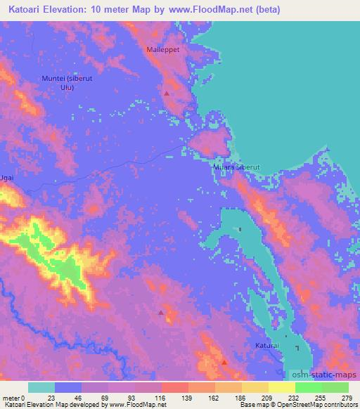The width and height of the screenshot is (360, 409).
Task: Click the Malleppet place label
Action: [x=164, y=50]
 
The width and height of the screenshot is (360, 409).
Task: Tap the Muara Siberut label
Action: [x=237, y=168]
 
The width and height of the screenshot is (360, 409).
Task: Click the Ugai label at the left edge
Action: [x=7, y=179]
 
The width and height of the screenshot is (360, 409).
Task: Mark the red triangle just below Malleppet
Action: [x=167, y=93]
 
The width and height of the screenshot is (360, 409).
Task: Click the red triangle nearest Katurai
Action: [x=224, y=363]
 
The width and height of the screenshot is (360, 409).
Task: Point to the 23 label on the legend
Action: [x=54, y=397]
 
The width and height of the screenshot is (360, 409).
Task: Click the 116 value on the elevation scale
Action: [x=161, y=397]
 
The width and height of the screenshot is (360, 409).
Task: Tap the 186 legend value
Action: [x=241, y=397]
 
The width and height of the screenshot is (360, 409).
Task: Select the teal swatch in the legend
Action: [x=41, y=387]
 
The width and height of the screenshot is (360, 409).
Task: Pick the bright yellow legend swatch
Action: [x=281, y=387]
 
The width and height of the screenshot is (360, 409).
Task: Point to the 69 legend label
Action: [x=108, y=397]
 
